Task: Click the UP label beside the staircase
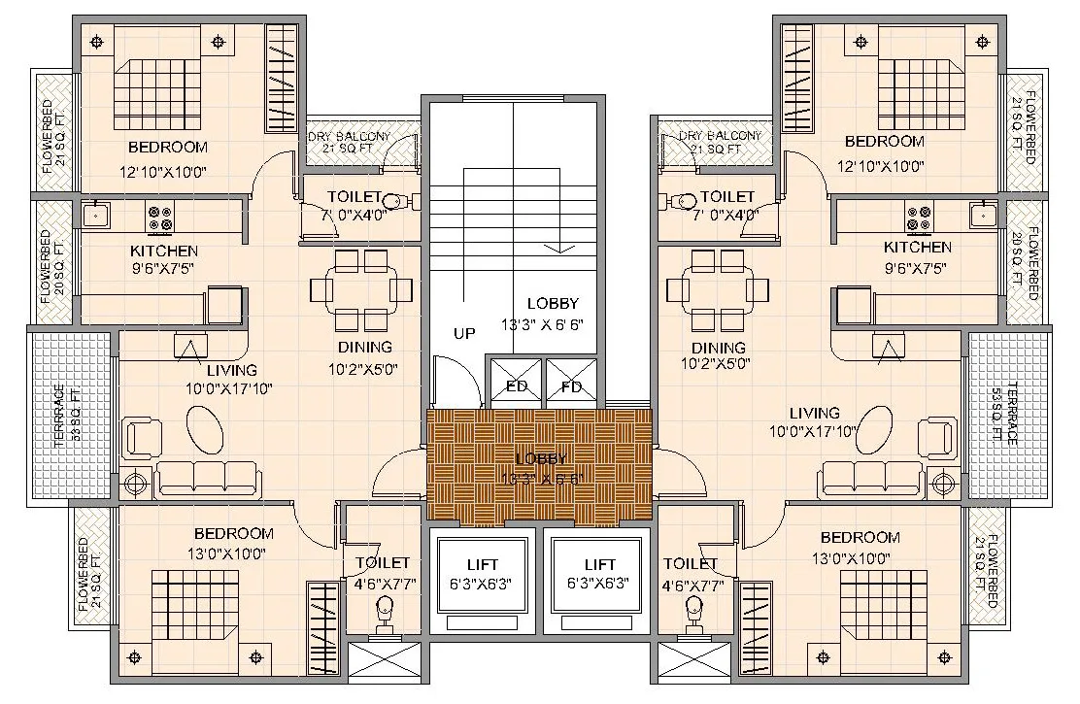464,333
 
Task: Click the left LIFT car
482,574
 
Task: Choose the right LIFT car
599,574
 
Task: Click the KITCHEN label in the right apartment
917,248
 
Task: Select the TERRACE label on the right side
1011,414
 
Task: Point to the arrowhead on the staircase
557,249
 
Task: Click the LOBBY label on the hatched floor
541,458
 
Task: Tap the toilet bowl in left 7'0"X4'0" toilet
396,202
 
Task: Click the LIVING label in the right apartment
814,413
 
